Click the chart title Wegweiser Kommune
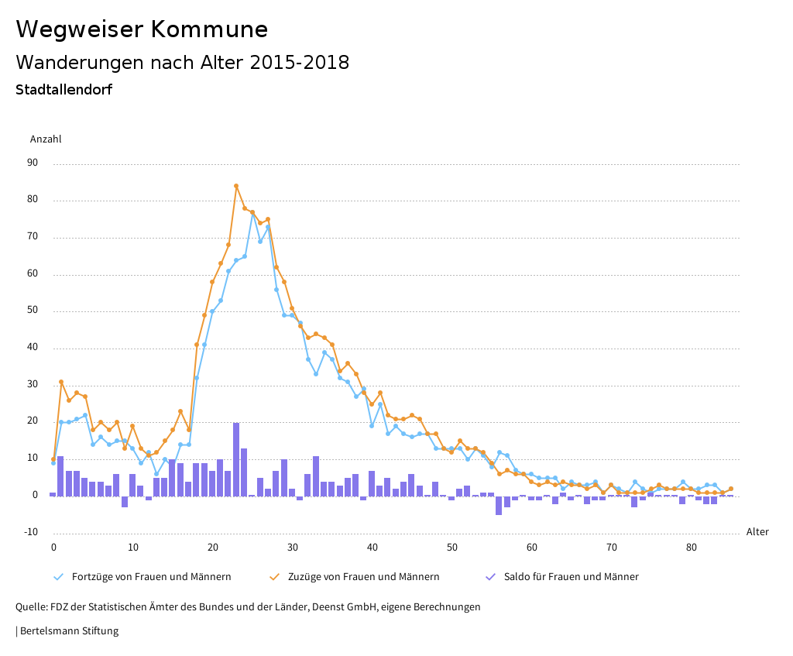(x=142, y=29)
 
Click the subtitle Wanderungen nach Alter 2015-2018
(x=182, y=63)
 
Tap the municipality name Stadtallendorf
(x=64, y=90)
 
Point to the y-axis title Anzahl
(x=46, y=139)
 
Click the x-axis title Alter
(x=757, y=532)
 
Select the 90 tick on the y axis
(x=33, y=163)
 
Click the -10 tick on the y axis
(x=31, y=532)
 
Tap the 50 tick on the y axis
(x=33, y=311)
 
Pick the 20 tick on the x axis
(x=213, y=548)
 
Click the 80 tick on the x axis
(x=692, y=548)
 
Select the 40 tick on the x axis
(x=372, y=548)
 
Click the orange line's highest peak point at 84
(x=236, y=186)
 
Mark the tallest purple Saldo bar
(x=236, y=459)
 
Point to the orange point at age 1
(x=61, y=382)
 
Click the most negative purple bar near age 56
(x=499, y=505)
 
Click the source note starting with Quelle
(x=248, y=607)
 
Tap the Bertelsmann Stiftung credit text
(x=68, y=631)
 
